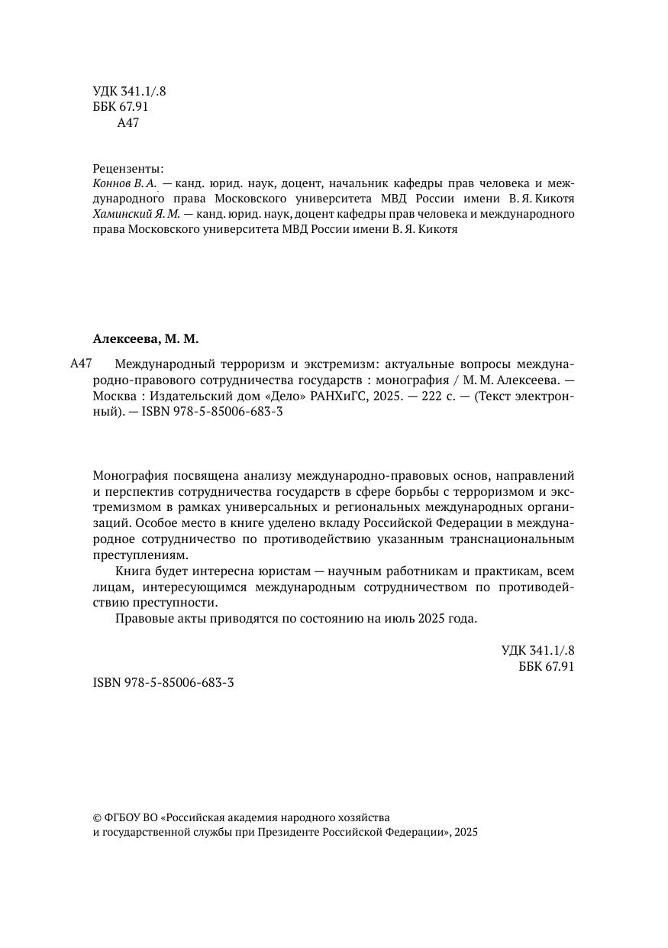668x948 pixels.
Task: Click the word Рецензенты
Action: tap(128, 168)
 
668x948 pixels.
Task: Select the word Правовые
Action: tap(140, 618)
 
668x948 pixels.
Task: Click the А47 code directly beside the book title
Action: tap(81, 364)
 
